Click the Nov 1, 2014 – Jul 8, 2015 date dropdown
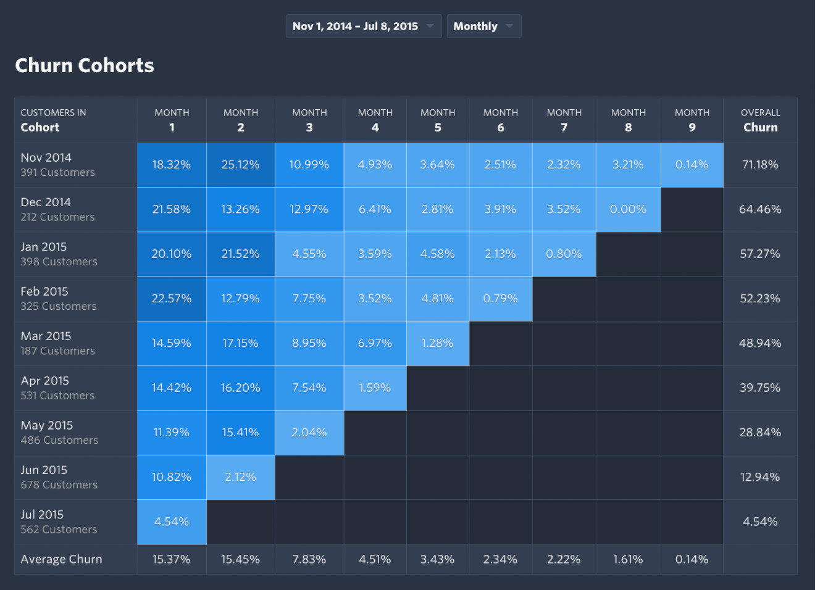pos(363,27)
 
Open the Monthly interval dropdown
pos(483,27)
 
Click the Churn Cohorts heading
pos(85,65)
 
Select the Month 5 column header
pos(438,120)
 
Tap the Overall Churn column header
pos(760,120)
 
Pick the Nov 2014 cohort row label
pos(46,158)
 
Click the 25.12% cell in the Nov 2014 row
pos(240,165)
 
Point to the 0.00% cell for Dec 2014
pos(628,210)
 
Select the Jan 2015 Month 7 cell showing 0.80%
pos(564,254)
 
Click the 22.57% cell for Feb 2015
pos(172,299)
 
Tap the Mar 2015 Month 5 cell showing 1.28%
pos(437,343)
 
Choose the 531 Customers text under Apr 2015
pos(57,396)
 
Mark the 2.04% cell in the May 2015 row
pos(309,433)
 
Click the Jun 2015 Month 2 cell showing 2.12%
pos(240,477)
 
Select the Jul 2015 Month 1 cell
pos(172,522)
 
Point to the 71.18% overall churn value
pos(760,165)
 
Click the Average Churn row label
pos(61,560)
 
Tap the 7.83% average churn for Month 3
pos(309,560)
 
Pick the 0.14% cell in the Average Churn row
pos(692,560)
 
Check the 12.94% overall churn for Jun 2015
pos(760,477)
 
